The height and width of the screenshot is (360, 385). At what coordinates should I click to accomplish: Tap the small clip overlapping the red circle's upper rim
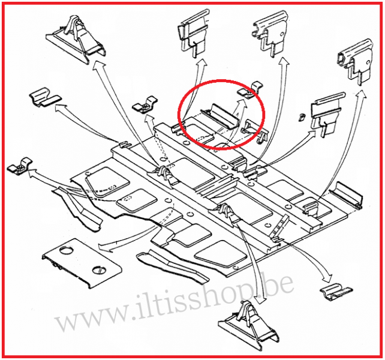pos(251,90)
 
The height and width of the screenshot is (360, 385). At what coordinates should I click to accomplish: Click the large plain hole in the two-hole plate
pos(67,251)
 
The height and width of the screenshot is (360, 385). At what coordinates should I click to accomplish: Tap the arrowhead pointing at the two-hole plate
pos(104,248)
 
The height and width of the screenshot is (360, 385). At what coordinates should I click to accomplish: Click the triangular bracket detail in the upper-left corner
pos(76,40)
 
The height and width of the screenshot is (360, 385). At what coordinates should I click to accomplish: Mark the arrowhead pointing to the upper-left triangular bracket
pos(98,65)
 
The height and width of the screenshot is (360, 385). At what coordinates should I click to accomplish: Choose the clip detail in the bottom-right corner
pos(336,292)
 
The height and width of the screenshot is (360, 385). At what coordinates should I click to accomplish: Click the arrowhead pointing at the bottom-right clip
pos(327,278)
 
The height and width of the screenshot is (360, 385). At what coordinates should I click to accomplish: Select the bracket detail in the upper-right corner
pos(355,62)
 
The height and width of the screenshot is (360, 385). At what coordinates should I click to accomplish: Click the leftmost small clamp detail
pos(20,166)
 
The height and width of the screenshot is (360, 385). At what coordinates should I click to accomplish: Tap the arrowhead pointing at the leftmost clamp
pos(32,173)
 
